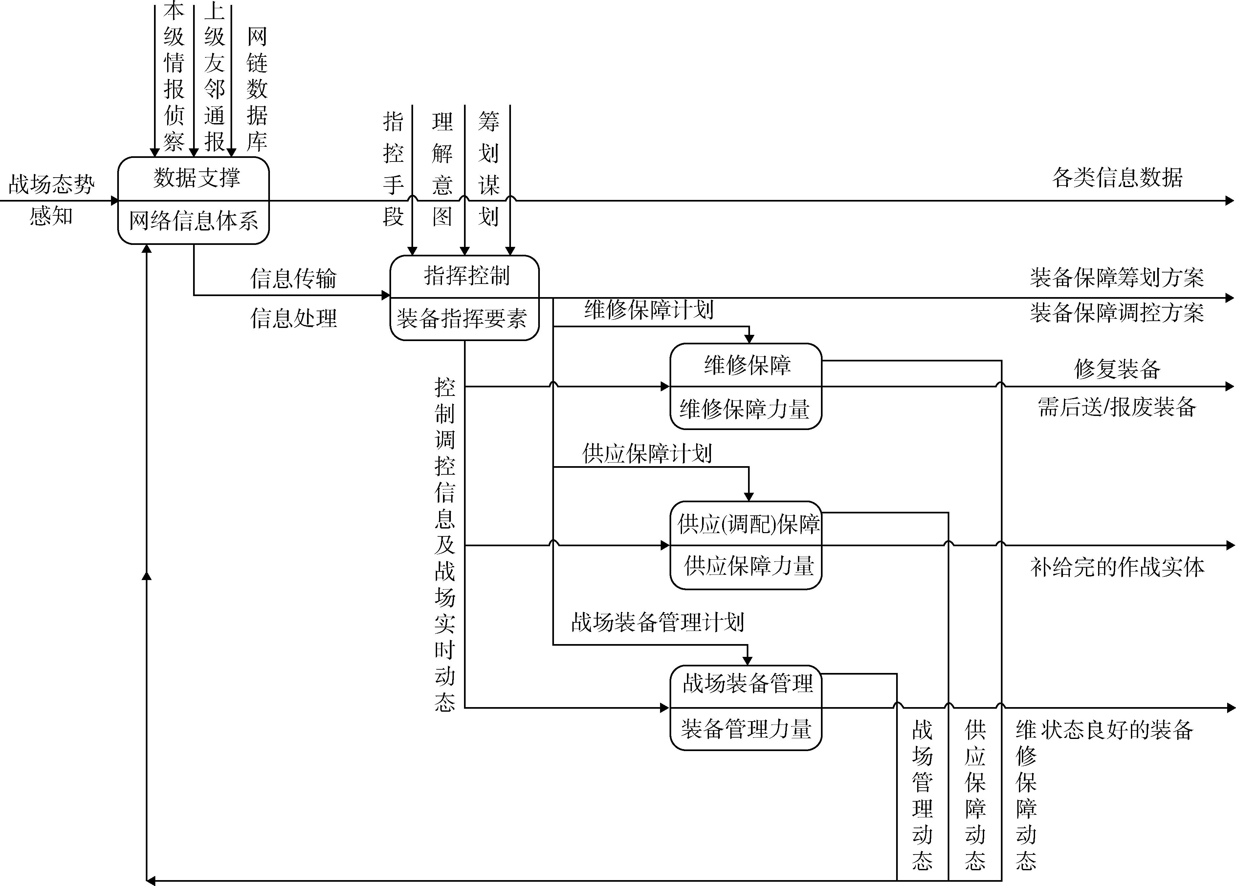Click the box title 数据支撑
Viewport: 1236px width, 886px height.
click(197, 178)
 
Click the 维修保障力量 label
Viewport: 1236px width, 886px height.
click(745, 409)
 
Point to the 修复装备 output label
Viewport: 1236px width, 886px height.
click(1117, 369)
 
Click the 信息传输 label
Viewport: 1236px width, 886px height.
click(293, 278)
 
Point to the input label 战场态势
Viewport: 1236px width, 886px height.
click(52, 185)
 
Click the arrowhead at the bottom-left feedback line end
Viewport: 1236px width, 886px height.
click(150, 880)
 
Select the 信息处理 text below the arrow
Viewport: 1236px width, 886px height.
click(293, 318)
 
